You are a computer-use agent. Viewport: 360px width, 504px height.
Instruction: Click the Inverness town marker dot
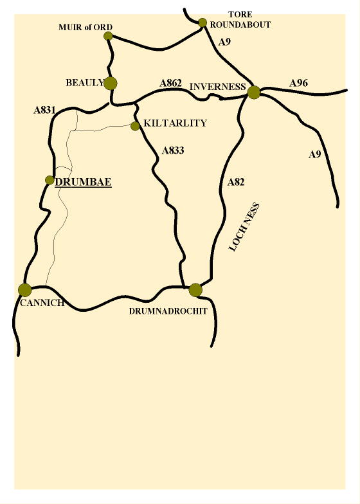(254, 93)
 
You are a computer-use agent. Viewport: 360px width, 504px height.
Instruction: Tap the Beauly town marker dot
(111, 83)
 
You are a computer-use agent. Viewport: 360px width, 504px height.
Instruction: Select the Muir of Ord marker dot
(108, 36)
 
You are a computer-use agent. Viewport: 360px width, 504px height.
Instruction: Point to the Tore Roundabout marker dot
(203, 22)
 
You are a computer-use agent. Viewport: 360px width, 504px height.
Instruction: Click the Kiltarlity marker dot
(135, 126)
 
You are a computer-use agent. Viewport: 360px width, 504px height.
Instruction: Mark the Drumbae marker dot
(50, 180)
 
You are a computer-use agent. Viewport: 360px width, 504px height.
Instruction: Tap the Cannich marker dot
(25, 290)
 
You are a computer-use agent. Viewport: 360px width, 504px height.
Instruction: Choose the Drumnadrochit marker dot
(195, 290)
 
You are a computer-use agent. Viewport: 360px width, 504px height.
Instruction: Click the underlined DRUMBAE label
(84, 182)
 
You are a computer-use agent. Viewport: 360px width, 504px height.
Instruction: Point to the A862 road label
(171, 84)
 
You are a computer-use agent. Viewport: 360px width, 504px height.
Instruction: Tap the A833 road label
(174, 151)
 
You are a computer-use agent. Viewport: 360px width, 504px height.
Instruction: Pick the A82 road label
(236, 183)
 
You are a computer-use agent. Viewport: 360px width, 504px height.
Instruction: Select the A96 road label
(300, 83)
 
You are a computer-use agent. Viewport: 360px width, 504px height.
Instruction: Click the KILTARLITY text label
(175, 123)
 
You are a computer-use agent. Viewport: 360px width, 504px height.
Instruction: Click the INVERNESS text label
(218, 87)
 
